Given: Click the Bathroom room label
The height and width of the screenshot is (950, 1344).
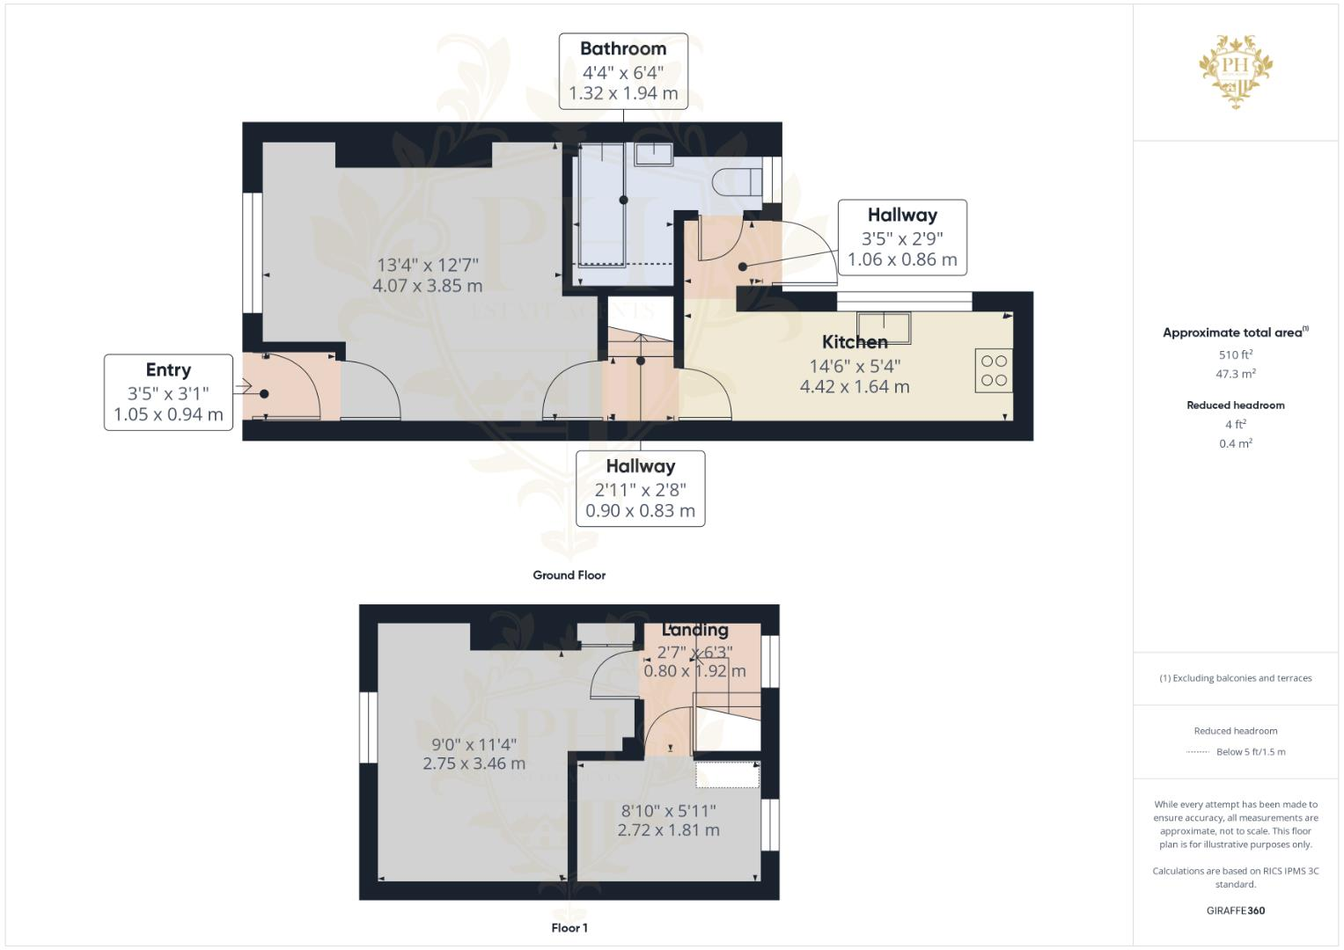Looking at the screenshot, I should (x=623, y=49).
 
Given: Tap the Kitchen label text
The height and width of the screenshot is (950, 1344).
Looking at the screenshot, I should (x=855, y=342).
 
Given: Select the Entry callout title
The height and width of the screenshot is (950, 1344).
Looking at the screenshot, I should (x=168, y=370).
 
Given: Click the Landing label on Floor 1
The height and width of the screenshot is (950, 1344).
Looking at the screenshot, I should (x=695, y=630).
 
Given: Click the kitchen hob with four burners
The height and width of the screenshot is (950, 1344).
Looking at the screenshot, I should (x=994, y=370).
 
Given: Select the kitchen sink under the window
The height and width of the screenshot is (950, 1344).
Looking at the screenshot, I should (x=884, y=327).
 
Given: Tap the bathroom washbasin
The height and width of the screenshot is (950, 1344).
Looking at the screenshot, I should (x=653, y=154).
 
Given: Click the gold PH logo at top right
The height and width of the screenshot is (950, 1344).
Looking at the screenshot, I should (x=1236, y=69).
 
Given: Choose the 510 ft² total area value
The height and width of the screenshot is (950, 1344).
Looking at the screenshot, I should (x=1236, y=355).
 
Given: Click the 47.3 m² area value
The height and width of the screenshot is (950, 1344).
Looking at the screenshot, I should (x=1236, y=374).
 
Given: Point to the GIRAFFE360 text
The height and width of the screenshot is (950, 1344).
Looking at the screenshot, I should (x=1236, y=910).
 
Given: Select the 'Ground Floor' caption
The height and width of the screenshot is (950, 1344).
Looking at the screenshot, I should (x=569, y=575).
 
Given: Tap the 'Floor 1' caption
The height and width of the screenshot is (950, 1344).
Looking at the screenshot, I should (x=569, y=928).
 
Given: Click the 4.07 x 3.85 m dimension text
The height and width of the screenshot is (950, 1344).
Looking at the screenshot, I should (x=428, y=286).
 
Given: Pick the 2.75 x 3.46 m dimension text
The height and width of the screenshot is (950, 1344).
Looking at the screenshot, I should (x=474, y=764).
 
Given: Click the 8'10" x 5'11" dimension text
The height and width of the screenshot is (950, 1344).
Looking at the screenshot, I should (x=668, y=810).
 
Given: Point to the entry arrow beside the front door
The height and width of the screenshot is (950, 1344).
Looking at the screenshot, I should (x=243, y=386).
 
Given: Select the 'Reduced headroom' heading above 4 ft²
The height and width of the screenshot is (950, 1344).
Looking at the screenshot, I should (x=1236, y=406).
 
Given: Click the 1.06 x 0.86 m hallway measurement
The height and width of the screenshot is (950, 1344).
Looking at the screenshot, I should (x=902, y=260).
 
